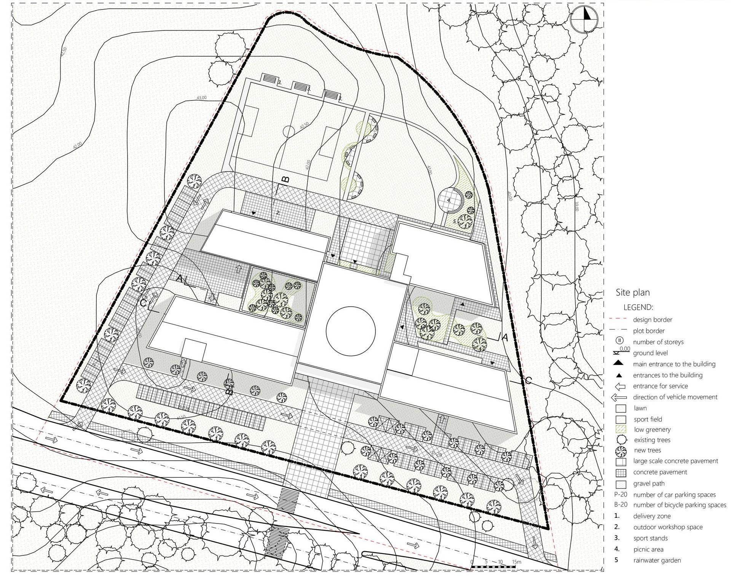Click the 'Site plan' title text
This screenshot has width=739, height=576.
point(632,293)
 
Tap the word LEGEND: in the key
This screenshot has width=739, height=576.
point(638,307)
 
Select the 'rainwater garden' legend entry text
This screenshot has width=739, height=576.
point(657,560)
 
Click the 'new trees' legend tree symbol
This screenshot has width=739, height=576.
point(621,451)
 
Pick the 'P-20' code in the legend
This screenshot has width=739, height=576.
point(621,495)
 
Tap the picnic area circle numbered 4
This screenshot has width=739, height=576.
point(449,200)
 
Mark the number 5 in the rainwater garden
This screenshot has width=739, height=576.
point(455,221)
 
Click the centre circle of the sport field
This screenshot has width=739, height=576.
point(289,132)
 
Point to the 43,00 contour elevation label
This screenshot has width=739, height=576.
point(201,98)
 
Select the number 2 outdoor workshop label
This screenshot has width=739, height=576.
point(278,213)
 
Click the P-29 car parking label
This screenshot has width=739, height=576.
point(437,454)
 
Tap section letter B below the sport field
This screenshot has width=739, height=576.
point(286,179)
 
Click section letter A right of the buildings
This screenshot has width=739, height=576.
point(505,337)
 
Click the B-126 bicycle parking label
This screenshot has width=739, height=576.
point(184,407)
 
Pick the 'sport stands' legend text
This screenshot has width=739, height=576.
point(650,538)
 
